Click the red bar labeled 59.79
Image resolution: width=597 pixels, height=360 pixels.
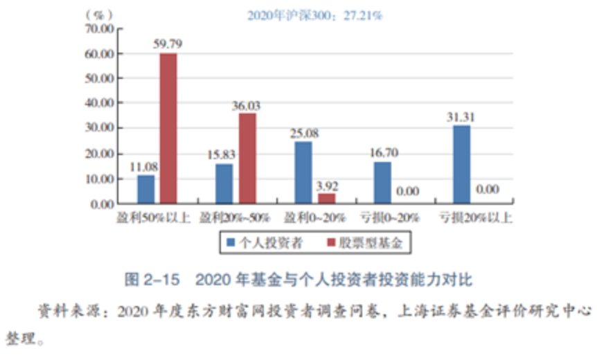(168, 129)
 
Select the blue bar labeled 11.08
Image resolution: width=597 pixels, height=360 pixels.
(145, 190)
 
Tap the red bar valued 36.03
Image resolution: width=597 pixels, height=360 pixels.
(247, 159)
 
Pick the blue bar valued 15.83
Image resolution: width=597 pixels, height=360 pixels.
(224, 184)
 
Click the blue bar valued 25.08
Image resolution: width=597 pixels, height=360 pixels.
(303, 172)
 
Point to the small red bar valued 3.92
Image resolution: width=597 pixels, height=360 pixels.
(326, 199)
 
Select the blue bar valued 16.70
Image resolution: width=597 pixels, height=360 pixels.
(383, 183)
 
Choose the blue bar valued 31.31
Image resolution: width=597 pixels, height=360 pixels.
(462, 165)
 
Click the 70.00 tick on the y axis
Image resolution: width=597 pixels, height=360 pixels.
(98, 28)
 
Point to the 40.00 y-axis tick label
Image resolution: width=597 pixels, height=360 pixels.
(98, 103)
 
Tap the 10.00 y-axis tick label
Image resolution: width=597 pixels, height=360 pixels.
(98, 179)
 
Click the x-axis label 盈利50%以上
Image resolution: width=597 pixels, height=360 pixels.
(153, 218)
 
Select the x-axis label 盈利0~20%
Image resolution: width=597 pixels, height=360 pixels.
(312, 218)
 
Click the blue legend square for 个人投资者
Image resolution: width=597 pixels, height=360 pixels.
(231, 243)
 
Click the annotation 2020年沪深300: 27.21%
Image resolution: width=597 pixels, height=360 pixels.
(314, 15)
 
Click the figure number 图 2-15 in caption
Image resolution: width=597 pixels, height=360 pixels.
(152, 280)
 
